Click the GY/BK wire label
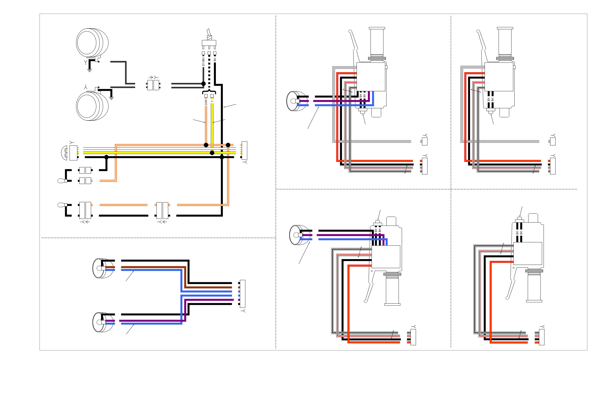[x=203, y=62]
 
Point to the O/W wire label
[x=206, y=102]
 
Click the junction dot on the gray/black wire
[x=203, y=84]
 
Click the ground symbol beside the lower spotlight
[x=111, y=98]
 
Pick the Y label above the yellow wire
[x=212, y=101]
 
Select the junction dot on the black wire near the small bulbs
[x=106, y=157]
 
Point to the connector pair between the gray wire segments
[x=153, y=85]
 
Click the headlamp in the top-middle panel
[x=297, y=101]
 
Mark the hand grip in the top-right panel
[x=505, y=42]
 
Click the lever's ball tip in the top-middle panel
[x=350, y=32]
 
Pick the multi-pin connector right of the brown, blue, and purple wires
[x=242, y=294]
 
